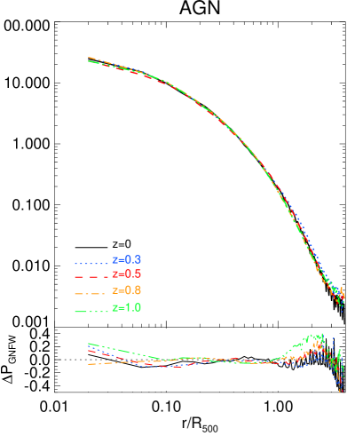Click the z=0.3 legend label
(x=126, y=259)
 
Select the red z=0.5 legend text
(x=126, y=274)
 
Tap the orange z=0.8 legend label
(x=126, y=291)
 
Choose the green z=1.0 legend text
(x=126, y=308)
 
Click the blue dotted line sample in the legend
(x=91, y=263)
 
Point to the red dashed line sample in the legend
(x=91, y=277)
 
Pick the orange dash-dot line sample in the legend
(x=91, y=293)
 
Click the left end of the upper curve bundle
(x=90, y=59)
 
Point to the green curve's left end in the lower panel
(x=89, y=344)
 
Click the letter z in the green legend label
(x=114, y=308)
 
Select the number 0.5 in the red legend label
(x=133, y=274)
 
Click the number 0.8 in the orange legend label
(x=133, y=291)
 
